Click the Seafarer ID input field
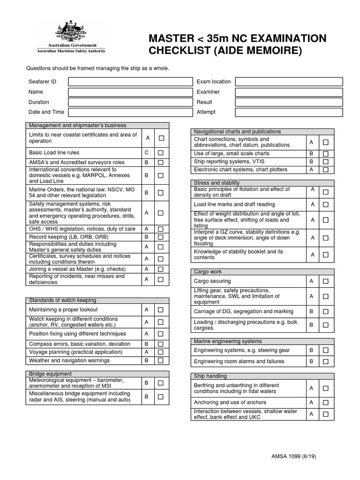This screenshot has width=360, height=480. (130, 82)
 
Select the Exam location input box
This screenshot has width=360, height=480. (289, 82)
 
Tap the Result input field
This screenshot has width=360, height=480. (289, 102)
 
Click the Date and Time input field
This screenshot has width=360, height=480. (130, 112)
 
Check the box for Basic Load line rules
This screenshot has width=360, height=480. (161, 153)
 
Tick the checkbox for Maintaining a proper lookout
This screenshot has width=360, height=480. (161, 310)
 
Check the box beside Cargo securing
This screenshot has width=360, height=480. (326, 281)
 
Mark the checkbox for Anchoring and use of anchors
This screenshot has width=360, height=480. (326, 403)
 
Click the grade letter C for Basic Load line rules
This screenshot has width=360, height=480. (147, 153)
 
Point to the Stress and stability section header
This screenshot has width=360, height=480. (217, 183)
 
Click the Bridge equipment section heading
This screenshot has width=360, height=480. (51, 374)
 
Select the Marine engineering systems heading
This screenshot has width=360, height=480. (228, 341)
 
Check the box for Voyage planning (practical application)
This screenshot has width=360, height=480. (161, 352)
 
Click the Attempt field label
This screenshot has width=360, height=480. (206, 112)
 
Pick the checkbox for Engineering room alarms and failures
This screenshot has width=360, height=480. (326, 362)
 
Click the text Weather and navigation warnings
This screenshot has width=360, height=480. (69, 360)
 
